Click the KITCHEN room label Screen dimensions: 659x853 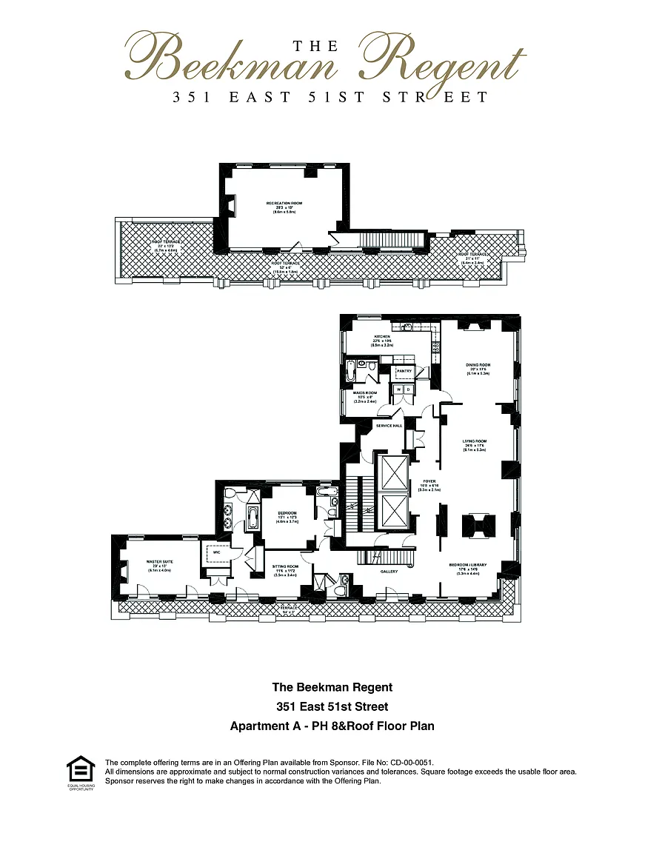[381, 336]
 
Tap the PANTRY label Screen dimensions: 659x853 [404, 371]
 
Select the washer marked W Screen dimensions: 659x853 [399, 389]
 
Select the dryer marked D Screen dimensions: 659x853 [409, 389]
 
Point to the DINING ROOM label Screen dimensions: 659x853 [478, 365]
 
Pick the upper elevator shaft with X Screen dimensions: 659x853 [392, 472]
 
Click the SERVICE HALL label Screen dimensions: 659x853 [389, 426]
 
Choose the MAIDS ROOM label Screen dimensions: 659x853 [366, 392]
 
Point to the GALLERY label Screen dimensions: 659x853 [389, 571]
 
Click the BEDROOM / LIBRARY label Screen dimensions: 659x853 [468, 564]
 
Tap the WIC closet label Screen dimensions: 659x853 [216, 552]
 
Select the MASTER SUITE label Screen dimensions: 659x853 [159, 561]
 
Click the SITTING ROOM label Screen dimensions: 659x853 [284, 564]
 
